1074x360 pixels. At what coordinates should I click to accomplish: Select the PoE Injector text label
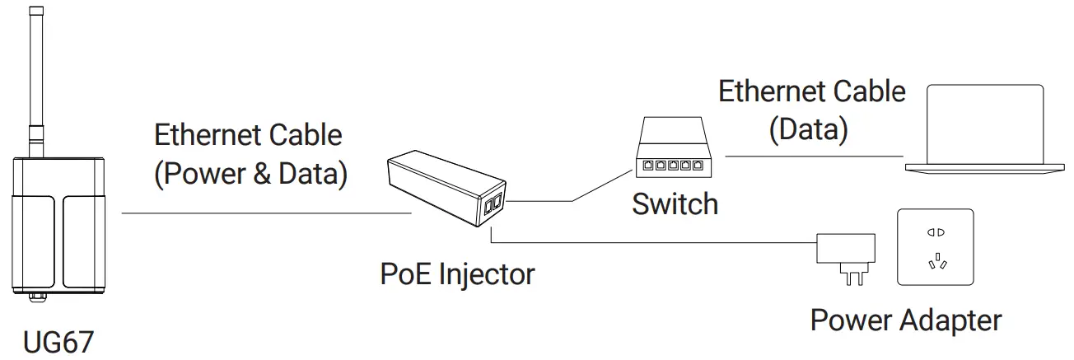tap(457, 273)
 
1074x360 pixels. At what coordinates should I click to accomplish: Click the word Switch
tap(675, 204)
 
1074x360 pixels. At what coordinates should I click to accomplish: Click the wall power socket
tap(935, 246)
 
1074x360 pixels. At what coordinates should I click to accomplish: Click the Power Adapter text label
tap(906, 320)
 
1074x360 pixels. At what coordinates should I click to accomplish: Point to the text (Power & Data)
tap(250, 174)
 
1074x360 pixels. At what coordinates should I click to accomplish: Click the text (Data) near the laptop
tap(808, 130)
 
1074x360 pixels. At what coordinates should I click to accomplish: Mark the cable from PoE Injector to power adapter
tap(659, 243)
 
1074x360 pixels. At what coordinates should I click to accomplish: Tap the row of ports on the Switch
tap(670, 166)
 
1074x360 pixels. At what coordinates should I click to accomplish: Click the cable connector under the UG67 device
tap(35, 295)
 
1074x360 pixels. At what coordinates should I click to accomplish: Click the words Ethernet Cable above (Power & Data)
tap(248, 135)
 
